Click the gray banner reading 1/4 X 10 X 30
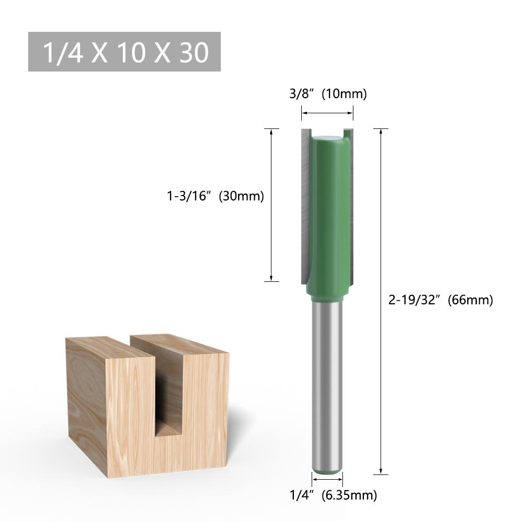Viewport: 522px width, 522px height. click(124, 52)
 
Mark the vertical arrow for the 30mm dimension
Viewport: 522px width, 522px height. click(271, 205)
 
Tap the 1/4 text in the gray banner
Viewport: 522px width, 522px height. click(63, 52)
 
